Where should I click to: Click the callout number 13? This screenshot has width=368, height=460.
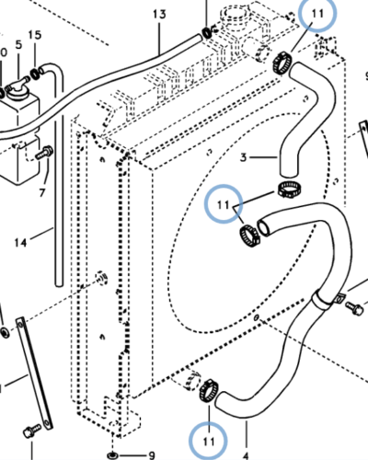tap(159, 15)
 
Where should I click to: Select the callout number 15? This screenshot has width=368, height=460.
tap(35, 35)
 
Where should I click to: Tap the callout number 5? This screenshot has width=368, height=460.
tap(18, 45)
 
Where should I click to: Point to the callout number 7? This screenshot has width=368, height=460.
tap(42, 192)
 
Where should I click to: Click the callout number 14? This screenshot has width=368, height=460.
tap(20, 243)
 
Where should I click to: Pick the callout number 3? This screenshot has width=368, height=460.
tap(243, 157)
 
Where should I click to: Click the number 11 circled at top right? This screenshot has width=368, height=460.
tap(317, 14)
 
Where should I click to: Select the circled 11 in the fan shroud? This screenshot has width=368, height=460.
tap(224, 204)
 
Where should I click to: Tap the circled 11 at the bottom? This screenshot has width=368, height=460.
tap(209, 442)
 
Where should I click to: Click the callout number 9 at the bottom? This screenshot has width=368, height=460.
tap(152, 455)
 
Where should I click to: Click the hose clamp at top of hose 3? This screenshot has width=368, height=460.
tap(282, 63)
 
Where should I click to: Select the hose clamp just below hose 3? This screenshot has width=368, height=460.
tap(289, 190)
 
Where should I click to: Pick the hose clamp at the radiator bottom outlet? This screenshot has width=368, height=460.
tap(209, 389)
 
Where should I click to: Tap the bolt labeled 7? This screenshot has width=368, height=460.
tap(45, 153)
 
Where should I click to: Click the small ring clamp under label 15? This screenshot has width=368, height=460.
tap(35, 74)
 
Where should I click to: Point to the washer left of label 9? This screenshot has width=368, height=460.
tap(112, 454)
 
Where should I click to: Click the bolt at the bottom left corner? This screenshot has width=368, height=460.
tap(32, 431)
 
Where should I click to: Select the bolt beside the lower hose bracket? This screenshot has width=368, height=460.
tap(355, 307)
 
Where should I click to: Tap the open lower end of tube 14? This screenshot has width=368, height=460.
tap(59, 284)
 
